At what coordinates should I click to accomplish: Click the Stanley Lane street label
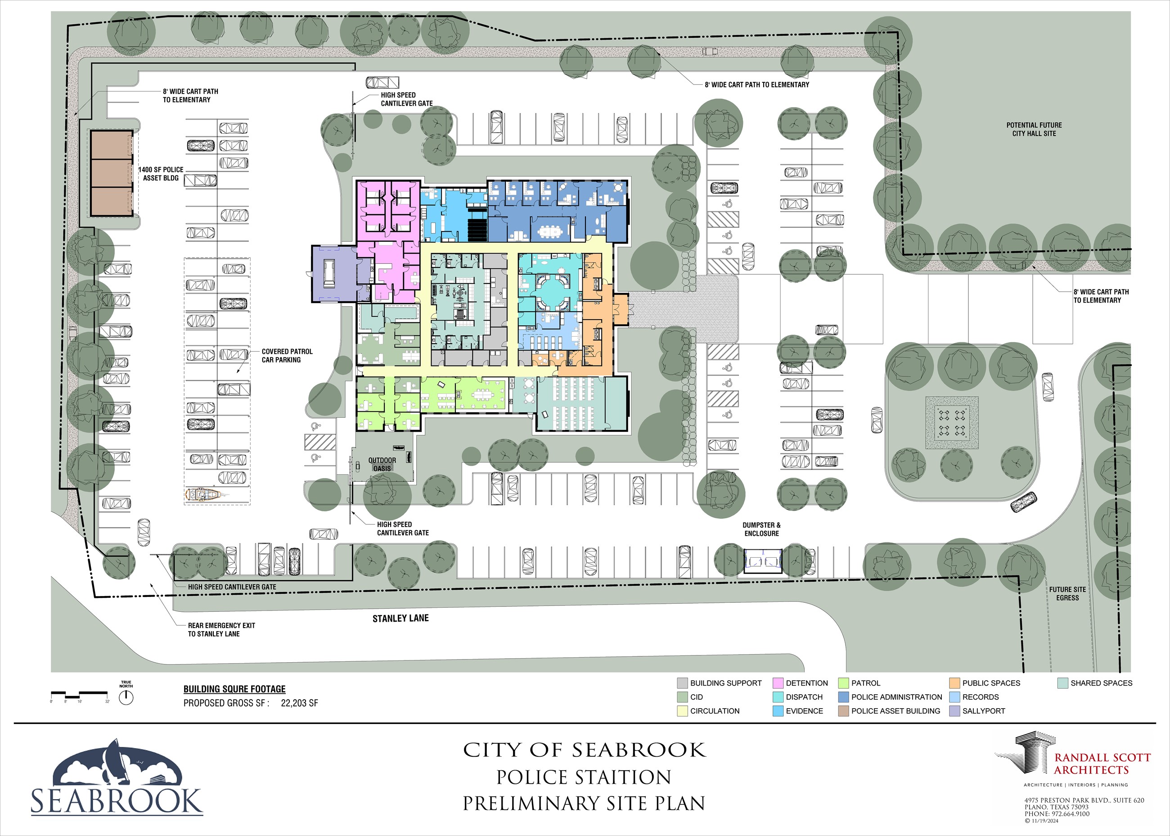pyautogui.click(x=400, y=618)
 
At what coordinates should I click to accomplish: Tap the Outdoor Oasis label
pyautogui.click(x=382, y=464)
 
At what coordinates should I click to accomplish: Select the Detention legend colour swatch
pyautogui.click(x=778, y=683)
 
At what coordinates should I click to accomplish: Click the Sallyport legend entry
pyautogui.click(x=977, y=711)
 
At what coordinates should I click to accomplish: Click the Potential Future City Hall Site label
pyautogui.click(x=1034, y=129)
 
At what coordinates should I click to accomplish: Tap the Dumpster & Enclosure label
pyautogui.click(x=761, y=529)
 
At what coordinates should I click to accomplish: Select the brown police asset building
pyautogui.click(x=112, y=173)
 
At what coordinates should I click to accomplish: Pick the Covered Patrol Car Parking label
pyautogui.click(x=287, y=356)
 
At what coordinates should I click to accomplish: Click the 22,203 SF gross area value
pyautogui.click(x=299, y=703)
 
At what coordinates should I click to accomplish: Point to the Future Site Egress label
pyautogui.click(x=1067, y=593)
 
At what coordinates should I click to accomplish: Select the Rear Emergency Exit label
pyautogui.click(x=221, y=629)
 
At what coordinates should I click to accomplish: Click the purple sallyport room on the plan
pyautogui.click(x=334, y=274)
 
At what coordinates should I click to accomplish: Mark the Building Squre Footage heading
pyautogui.click(x=234, y=689)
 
